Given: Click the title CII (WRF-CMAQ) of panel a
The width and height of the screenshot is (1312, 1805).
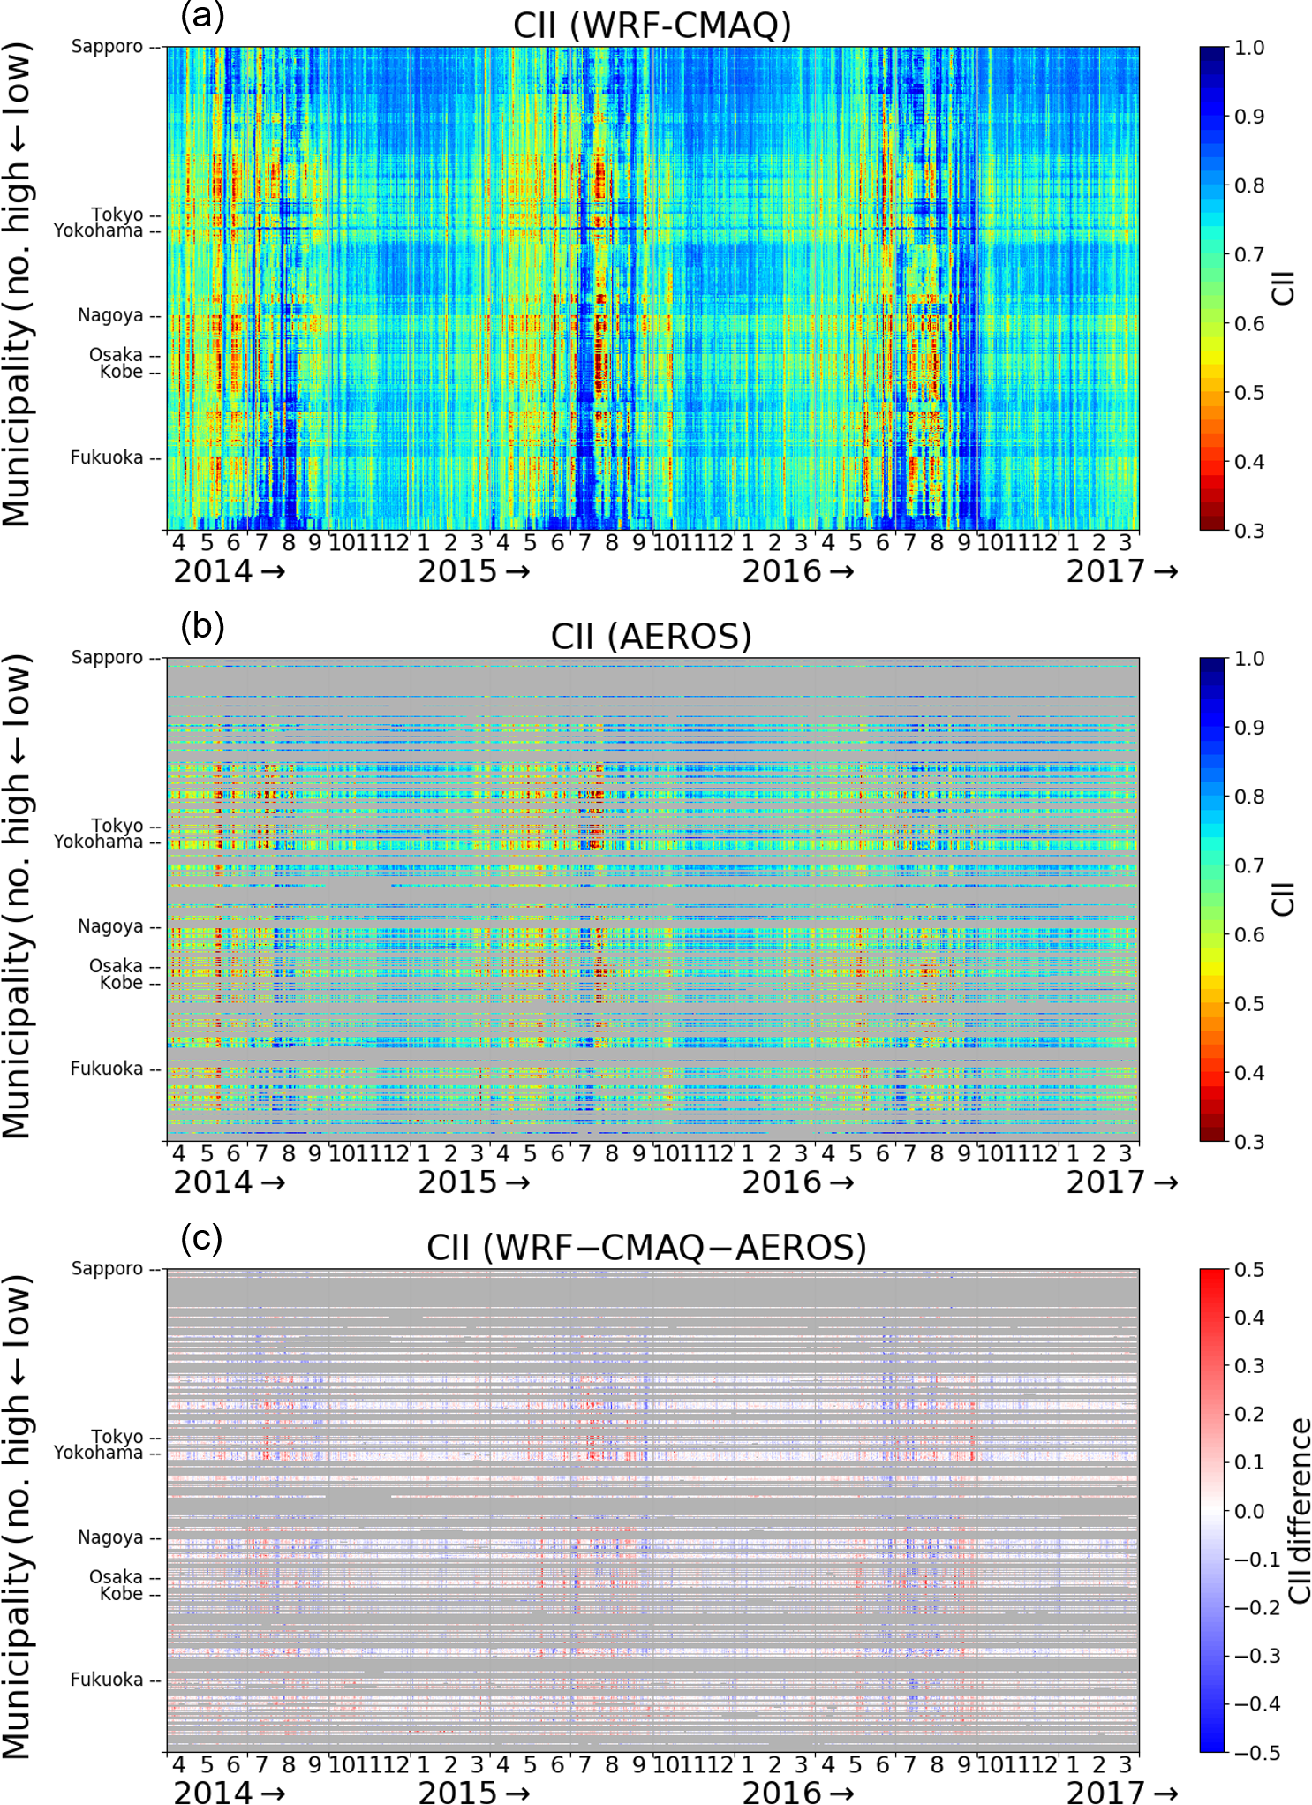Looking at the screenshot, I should point(652,25).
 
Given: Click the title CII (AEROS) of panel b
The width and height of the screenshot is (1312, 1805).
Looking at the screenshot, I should point(651,636).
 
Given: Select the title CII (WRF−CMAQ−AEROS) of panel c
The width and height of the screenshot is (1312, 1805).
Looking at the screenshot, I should point(646,1247).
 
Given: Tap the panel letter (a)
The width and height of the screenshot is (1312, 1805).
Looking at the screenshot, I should point(202,15).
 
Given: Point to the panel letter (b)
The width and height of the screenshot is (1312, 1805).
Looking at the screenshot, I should point(202,626).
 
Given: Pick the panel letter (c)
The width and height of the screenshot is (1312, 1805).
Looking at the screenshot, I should point(201,1237).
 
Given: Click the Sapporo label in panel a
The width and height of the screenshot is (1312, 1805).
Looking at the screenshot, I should point(107,46).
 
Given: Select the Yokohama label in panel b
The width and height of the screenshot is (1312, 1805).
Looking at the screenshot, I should point(98,842).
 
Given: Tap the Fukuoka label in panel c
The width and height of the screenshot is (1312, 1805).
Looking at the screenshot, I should point(107,1679).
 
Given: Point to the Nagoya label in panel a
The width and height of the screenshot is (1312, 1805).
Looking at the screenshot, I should point(110,315).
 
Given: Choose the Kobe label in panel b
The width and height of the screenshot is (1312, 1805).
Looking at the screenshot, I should point(121,983).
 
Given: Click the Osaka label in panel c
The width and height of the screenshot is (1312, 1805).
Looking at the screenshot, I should point(116,1576).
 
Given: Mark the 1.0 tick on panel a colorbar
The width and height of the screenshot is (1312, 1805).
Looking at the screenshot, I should point(1249,48).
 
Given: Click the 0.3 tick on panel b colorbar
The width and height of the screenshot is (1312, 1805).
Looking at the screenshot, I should point(1249,1142).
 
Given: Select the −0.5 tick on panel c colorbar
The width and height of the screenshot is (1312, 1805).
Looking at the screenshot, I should point(1256,1752).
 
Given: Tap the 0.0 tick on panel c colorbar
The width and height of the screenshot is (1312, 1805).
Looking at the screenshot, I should point(1249,1511).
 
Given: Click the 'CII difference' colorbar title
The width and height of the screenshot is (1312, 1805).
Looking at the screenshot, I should point(1299,1510).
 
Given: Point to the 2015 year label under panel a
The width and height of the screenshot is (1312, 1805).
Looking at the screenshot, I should point(458,571).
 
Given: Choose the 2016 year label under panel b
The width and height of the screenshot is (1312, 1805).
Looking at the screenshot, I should point(782,1182).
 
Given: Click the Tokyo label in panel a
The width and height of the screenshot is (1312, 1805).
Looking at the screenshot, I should point(117,215).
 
